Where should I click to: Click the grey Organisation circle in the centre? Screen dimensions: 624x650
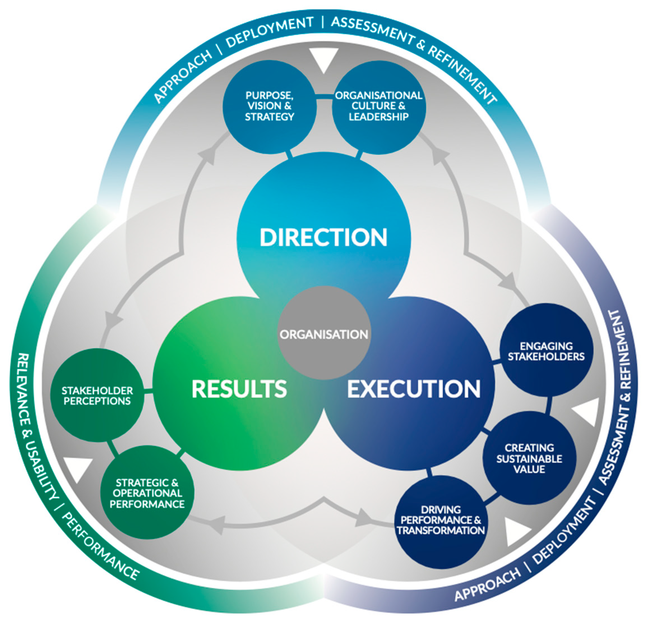point(324,333)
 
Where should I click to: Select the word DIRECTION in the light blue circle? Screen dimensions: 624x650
point(324,237)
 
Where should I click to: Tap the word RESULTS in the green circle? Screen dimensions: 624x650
point(239,389)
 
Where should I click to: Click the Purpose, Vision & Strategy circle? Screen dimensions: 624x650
point(269,106)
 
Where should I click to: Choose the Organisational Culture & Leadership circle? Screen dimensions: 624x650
point(378,106)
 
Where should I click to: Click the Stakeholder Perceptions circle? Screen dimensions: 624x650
point(97,396)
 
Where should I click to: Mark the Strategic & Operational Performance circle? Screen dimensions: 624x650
point(147,493)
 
